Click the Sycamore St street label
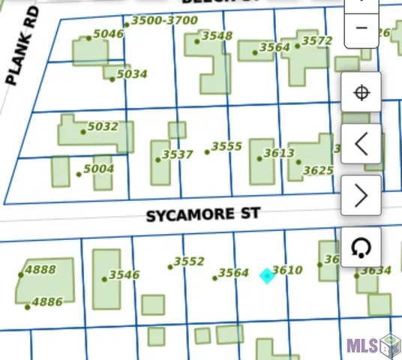click(x=202, y=215)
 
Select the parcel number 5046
click(x=108, y=34)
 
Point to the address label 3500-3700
click(x=163, y=20)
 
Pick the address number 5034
click(x=131, y=74)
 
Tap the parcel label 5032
click(x=103, y=127)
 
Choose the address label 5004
click(x=98, y=169)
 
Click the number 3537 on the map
click(x=178, y=154)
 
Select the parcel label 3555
click(x=226, y=146)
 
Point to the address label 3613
click(x=278, y=153)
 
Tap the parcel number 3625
click(x=317, y=170)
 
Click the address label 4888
click(x=40, y=269)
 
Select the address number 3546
click(x=124, y=274)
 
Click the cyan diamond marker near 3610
click(x=266, y=276)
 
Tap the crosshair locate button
click(x=361, y=93)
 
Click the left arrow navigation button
click(x=361, y=144)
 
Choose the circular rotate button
click(x=361, y=246)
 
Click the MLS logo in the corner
click(x=373, y=345)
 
